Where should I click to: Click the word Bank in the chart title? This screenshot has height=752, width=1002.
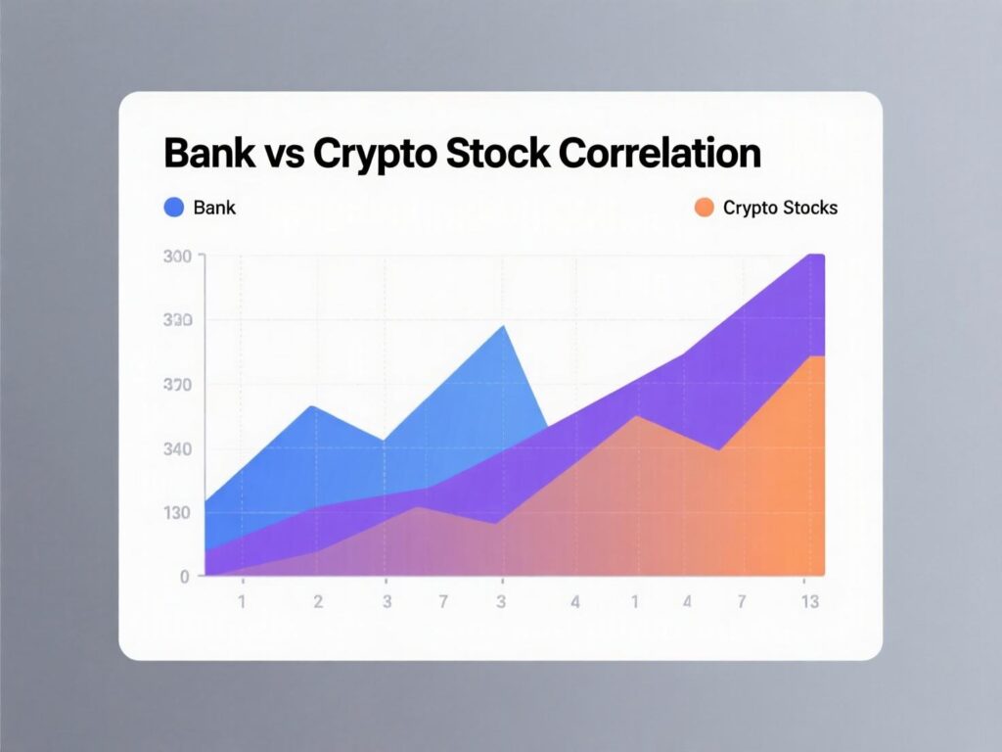(x=207, y=154)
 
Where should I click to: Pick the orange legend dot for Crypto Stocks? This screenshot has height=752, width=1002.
(x=703, y=207)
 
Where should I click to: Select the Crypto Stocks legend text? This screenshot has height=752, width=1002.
(x=780, y=208)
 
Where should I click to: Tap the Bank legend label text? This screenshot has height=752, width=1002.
(x=214, y=208)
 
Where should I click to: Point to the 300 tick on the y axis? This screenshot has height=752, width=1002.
(x=178, y=257)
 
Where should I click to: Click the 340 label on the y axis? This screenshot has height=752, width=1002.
(x=178, y=449)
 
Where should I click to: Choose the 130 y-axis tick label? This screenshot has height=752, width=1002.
(x=178, y=513)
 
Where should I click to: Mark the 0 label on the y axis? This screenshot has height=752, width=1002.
(x=184, y=577)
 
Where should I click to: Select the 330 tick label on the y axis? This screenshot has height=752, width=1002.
(x=178, y=321)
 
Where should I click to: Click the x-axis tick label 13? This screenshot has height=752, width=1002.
(x=809, y=602)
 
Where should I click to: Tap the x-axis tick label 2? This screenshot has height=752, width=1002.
(x=318, y=602)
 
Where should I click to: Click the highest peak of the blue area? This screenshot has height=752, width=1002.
(x=504, y=325)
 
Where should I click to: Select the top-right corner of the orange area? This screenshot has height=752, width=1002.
(x=822, y=357)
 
